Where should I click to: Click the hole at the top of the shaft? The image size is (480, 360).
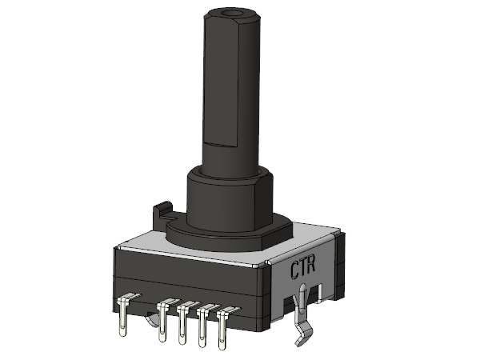click(x=232, y=13)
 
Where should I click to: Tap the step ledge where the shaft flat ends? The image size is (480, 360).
click(x=221, y=143)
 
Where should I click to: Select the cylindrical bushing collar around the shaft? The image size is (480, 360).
click(x=230, y=199)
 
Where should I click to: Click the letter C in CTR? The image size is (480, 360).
click(x=295, y=270)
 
